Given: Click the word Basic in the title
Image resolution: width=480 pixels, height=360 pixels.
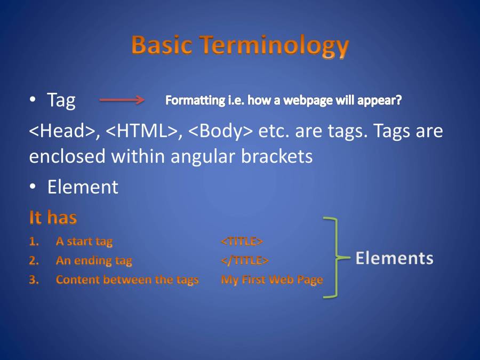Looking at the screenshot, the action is (x=162, y=45).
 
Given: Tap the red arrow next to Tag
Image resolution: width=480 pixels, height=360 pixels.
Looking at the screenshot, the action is (x=122, y=100).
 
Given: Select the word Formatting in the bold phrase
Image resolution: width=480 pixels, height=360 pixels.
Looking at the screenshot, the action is (x=195, y=100).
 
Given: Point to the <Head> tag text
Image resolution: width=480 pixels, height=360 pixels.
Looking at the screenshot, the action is (x=62, y=131).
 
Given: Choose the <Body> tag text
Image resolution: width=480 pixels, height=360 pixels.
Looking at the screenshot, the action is (x=221, y=131).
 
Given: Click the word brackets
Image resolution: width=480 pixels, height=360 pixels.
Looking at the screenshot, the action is (x=277, y=156).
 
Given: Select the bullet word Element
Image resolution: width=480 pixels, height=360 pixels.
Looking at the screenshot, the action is (x=83, y=187).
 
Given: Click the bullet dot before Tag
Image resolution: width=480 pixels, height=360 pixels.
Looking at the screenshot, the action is (x=33, y=99).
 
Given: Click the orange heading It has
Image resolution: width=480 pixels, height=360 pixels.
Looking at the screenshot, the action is (x=53, y=218).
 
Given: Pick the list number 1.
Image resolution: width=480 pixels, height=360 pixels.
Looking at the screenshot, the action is (x=34, y=242).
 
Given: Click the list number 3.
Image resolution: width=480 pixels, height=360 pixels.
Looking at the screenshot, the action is (x=34, y=280).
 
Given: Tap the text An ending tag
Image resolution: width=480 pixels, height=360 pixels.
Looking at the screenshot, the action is (x=94, y=261).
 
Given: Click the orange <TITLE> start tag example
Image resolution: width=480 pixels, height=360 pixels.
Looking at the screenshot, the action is (x=242, y=241).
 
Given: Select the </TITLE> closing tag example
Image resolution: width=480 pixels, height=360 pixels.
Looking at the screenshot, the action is (x=245, y=260).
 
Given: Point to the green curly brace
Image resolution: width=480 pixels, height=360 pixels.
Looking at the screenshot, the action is (x=337, y=258).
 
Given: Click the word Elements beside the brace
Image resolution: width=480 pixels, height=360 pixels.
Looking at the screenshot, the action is (x=394, y=258).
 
